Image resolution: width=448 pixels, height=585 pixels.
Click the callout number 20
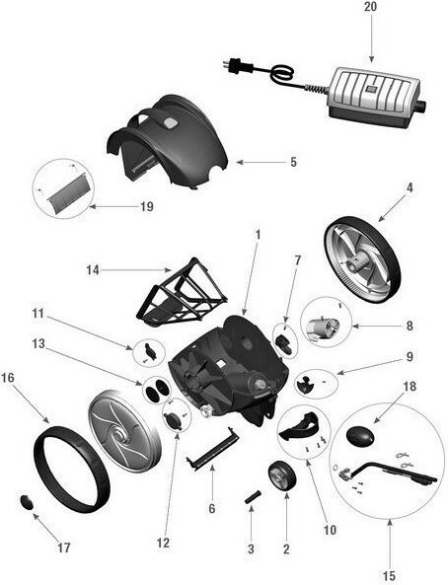click(370, 7)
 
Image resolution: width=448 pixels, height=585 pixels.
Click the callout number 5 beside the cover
click(293, 163)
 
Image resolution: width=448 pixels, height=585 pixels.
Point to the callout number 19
click(147, 206)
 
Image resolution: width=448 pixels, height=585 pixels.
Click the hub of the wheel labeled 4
click(356, 263)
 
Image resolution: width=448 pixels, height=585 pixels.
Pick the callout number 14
click(93, 269)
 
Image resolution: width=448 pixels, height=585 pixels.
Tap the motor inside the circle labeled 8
click(321, 327)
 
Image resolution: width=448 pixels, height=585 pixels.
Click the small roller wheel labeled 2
click(282, 475)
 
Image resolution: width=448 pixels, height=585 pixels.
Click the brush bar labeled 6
click(213, 449)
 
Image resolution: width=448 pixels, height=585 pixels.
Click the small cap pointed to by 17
click(26, 501)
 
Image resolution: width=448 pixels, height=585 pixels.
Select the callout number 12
click(163, 543)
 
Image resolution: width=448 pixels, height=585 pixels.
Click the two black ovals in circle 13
click(157, 389)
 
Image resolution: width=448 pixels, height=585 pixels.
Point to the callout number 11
click(38, 314)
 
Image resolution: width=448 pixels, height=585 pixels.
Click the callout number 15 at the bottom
click(389, 576)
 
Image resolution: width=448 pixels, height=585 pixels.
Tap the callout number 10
click(330, 530)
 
